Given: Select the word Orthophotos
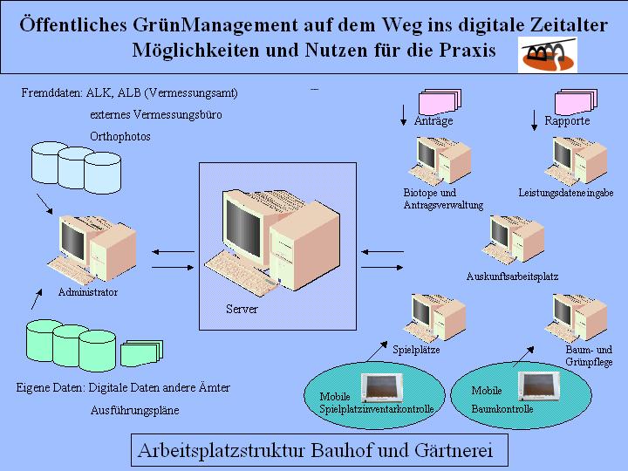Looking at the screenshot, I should coord(120,137).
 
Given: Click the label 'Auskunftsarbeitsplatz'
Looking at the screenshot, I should coord(512,276).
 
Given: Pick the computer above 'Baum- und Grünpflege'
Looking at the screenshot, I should coord(578,317).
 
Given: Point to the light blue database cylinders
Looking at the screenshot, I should coord(73,169).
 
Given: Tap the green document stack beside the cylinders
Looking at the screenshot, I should coord(141,352).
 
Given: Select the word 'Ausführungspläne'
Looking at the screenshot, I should coord(134,410).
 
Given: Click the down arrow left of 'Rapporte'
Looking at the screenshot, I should coord(534,118).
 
